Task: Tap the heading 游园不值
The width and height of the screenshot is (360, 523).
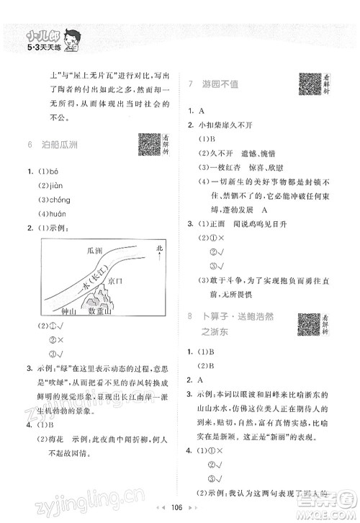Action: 229,84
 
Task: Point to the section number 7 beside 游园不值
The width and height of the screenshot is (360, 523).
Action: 189,84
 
